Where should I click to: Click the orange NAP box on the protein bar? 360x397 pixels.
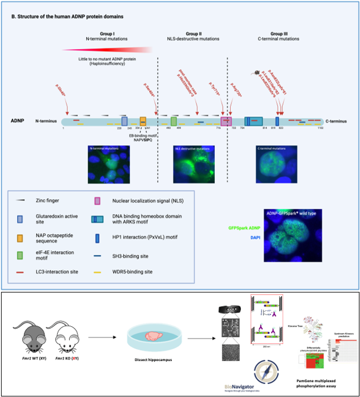pos(143,120)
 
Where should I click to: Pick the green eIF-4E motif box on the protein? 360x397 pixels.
pos(174,120)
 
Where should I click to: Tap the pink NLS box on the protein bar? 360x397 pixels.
pos(225,120)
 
